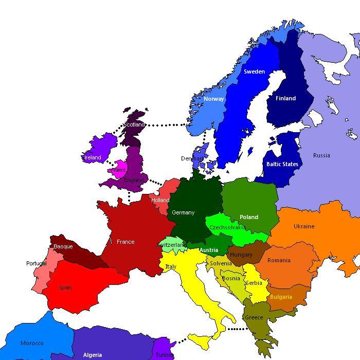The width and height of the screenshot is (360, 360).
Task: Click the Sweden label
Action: (254, 71)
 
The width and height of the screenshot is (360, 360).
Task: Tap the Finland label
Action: (285, 98)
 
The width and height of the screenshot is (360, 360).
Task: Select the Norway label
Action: (213, 99)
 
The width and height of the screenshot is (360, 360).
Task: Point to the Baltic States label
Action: (282, 164)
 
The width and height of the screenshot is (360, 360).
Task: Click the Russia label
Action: (321, 155)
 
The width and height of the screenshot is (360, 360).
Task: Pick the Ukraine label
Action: (304, 226)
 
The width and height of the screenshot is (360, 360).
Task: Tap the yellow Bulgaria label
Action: (281, 297)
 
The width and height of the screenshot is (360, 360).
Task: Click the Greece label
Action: (254, 317)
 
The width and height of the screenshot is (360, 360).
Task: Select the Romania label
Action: (279, 260)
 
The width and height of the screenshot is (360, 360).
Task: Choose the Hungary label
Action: (241, 255)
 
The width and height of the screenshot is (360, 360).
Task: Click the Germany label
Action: (183, 212)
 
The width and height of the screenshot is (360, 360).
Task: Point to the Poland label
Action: (249, 217)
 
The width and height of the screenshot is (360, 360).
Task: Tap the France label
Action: (125, 242)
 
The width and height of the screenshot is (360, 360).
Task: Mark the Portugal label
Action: (36, 263)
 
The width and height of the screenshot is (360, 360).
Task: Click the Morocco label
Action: (32, 343)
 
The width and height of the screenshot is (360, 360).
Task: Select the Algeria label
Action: (93, 355)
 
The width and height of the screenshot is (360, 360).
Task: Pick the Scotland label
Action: (134, 124)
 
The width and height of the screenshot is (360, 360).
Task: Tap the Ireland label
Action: (93, 157)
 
